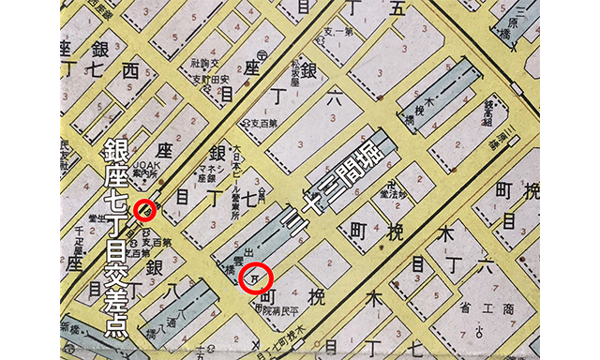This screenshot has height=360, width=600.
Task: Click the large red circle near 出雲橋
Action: (256, 277)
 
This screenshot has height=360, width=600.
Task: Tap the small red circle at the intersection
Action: (143, 210)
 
